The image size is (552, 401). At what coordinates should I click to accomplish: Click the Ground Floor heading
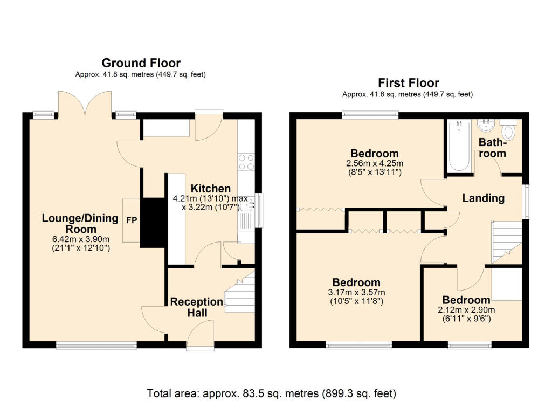point(141,64)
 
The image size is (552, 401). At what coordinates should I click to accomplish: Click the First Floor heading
point(408,83)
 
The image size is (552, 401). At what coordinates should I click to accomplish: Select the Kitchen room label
point(211,189)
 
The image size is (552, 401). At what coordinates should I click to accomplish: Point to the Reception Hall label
point(197,307)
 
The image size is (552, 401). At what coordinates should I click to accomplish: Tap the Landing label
point(484,198)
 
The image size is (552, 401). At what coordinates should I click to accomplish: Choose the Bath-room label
point(493,148)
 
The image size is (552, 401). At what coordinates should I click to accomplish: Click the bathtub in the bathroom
point(459,147)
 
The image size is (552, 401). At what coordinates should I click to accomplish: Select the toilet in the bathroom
point(509,131)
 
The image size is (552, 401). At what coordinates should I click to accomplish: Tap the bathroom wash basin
point(487,126)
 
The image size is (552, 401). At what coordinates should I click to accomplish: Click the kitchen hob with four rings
point(246,162)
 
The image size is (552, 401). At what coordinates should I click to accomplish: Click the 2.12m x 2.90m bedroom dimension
point(466,310)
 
